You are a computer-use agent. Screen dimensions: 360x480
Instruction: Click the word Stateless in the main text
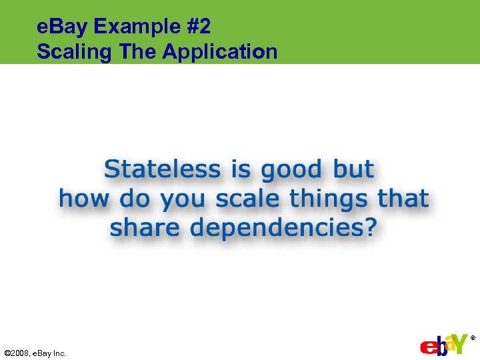point(162,169)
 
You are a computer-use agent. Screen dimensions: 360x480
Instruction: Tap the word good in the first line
point(291,171)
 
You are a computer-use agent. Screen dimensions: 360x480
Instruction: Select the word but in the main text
point(354,169)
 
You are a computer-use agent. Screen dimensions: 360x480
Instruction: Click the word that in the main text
point(403,199)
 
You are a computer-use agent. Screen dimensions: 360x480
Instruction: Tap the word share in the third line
point(145,228)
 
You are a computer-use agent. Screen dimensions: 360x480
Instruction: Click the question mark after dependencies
point(370,228)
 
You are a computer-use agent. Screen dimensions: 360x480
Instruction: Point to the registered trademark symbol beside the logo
point(473,338)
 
